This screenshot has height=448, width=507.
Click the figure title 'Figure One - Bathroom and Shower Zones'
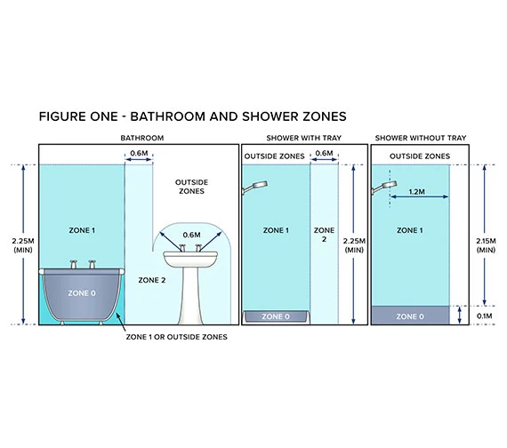[x=193, y=116]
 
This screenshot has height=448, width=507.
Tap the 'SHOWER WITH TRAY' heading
[x=304, y=138]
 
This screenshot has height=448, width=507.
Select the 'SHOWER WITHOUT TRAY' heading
[x=421, y=138]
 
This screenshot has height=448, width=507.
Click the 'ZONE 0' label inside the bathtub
[x=82, y=293]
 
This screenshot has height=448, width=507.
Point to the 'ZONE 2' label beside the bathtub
[x=152, y=280]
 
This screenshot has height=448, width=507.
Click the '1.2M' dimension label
[x=417, y=192]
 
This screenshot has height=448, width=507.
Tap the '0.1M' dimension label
[x=485, y=316]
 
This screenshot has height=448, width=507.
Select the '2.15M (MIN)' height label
[x=486, y=245]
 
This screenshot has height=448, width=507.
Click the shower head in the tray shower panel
[x=254, y=188]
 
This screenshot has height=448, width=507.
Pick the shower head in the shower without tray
[x=384, y=188]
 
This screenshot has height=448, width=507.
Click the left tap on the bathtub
[x=74, y=264]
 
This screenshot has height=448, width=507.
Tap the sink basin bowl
[x=190, y=260]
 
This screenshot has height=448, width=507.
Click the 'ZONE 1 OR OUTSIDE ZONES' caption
[x=176, y=337]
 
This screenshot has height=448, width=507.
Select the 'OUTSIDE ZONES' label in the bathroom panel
[x=192, y=187]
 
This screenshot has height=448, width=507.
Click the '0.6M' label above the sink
[x=192, y=235]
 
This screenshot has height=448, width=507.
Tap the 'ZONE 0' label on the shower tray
[x=276, y=316]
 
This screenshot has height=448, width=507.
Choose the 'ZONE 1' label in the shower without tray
[x=410, y=230]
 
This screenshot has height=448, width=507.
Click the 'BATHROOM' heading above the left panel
[x=142, y=138]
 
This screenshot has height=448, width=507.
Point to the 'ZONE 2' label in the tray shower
[x=325, y=235]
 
